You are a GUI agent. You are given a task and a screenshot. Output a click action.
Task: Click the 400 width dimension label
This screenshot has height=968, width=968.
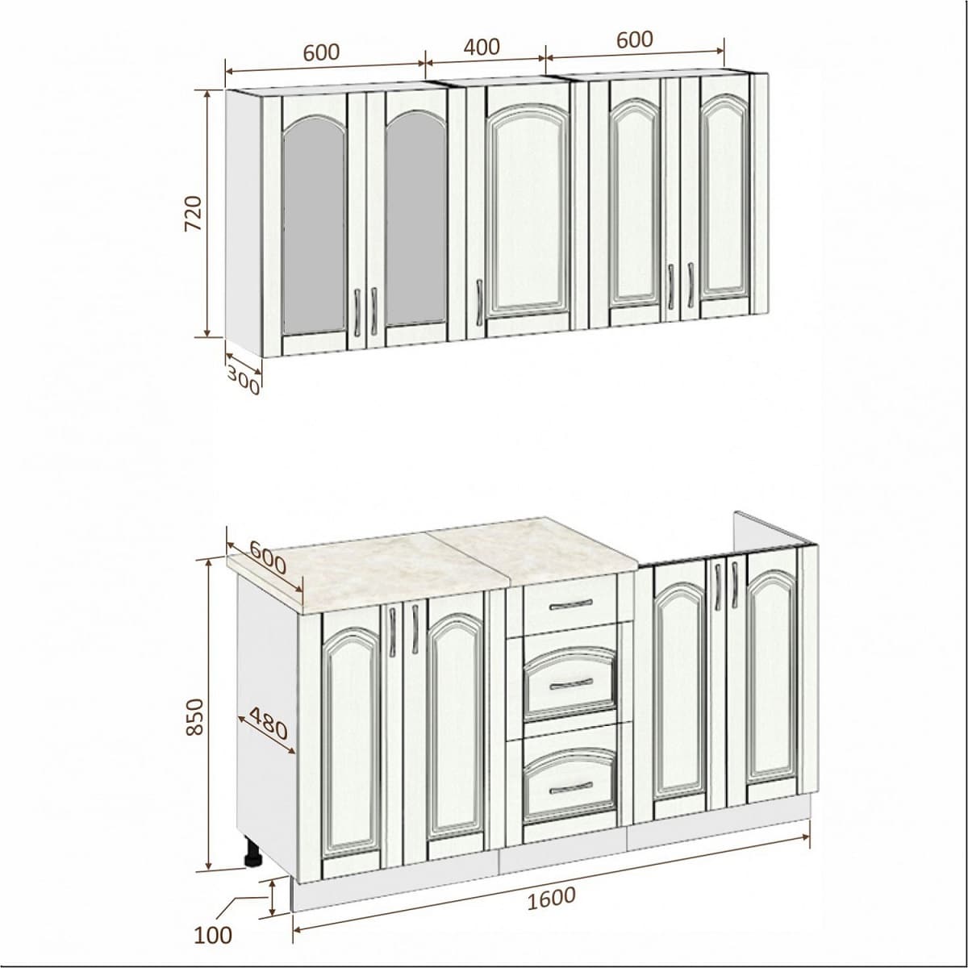point(482,47)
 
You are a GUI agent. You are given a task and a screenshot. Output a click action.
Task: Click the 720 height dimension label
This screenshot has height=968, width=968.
point(194,213)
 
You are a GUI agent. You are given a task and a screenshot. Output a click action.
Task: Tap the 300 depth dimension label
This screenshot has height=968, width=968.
point(243,381)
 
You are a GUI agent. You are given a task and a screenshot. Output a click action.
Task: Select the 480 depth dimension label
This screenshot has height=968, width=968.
point(269,724)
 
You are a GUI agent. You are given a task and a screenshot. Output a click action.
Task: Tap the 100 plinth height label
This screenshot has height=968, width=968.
point(213,935)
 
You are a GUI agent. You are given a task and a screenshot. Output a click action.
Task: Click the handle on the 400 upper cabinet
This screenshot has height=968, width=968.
point(478,302)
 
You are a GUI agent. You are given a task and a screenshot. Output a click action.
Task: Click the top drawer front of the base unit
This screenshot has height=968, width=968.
point(570,603)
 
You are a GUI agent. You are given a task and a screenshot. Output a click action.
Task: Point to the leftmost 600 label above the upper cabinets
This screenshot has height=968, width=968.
point(322,52)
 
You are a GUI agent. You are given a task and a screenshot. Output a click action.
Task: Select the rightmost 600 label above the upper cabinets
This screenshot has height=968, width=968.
point(635,40)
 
